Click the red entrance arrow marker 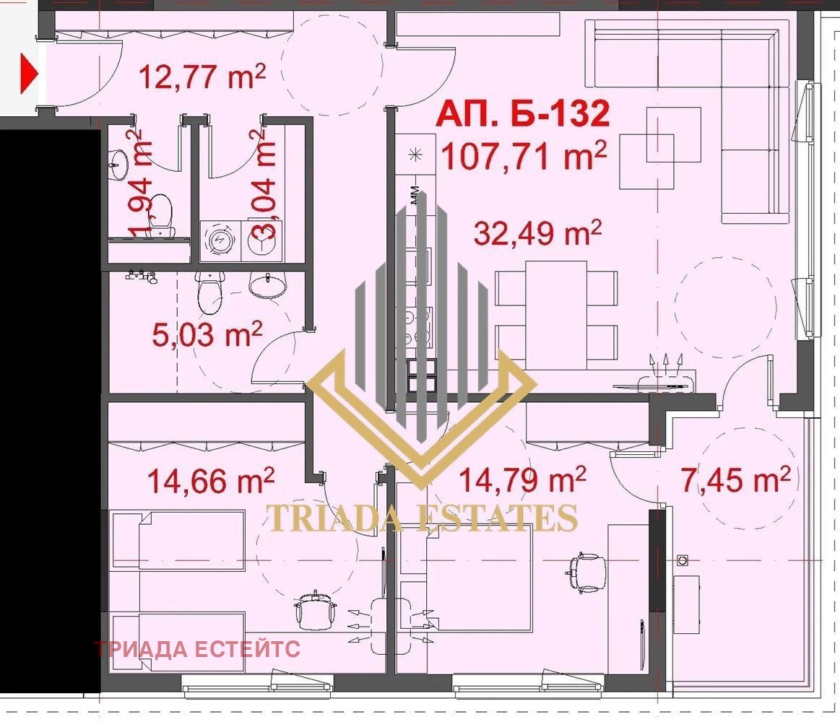[x=29, y=73]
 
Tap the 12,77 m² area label [x=202, y=76]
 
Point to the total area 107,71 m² [x=524, y=155]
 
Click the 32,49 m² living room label [x=538, y=233]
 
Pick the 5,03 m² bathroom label [x=207, y=334]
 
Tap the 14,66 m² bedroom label [x=210, y=480]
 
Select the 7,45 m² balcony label [x=735, y=478]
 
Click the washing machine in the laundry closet [x=220, y=240]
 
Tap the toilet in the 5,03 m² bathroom [x=209, y=292]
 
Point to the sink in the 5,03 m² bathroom [x=267, y=284]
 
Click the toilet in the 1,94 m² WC [x=160, y=215]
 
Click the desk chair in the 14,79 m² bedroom [x=586, y=573]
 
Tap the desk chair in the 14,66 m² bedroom [x=316, y=609]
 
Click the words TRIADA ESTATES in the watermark [x=422, y=518]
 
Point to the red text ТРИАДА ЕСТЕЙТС [x=197, y=649]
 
